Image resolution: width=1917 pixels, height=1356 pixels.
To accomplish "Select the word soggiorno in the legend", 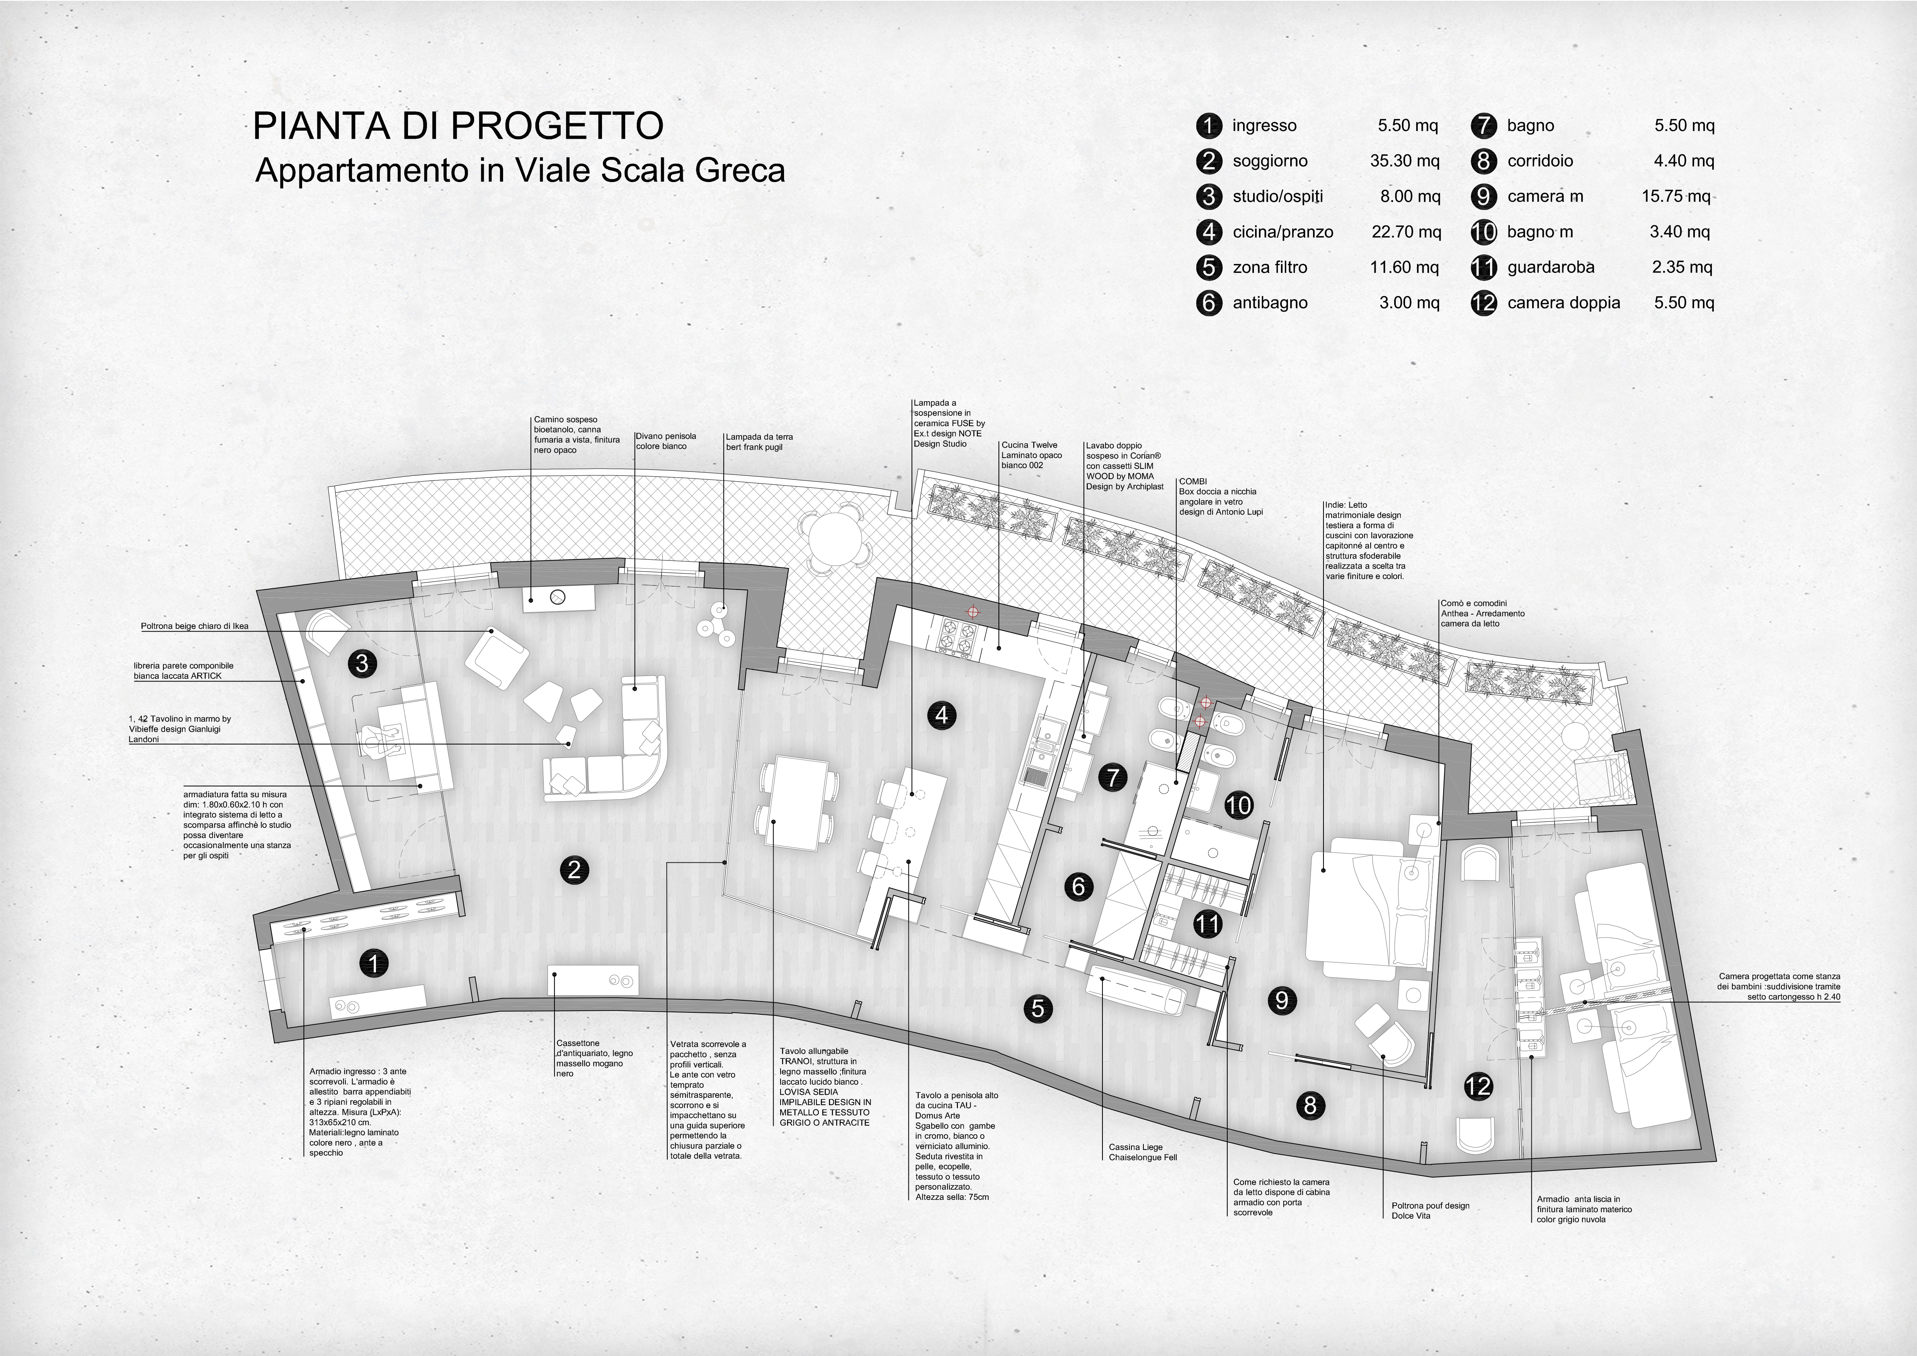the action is click(x=1270, y=161).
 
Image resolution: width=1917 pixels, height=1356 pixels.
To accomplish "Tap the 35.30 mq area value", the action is click(x=1404, y=161).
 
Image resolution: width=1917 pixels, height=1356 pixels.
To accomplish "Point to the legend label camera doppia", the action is click(x=1564, y=303).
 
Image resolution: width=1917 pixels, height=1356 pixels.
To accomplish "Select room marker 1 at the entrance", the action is click(x=374, y=964).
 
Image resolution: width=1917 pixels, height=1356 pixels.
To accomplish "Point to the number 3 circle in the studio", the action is click(x=362, y=664).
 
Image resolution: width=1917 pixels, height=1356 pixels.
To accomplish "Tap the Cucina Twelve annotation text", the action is click(x=1032, y=455).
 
